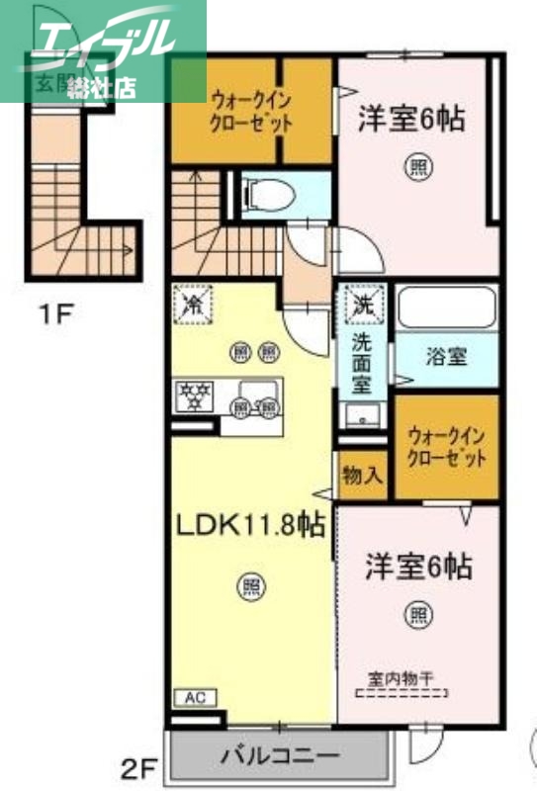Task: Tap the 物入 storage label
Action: (362, 476)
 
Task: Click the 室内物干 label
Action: (400, 679)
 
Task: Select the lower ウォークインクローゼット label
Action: (448, 446)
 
